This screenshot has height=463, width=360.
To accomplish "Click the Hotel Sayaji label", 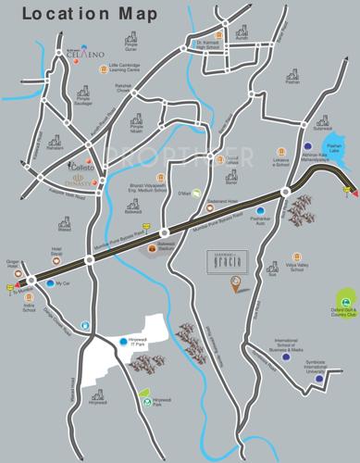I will (56, 252).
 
